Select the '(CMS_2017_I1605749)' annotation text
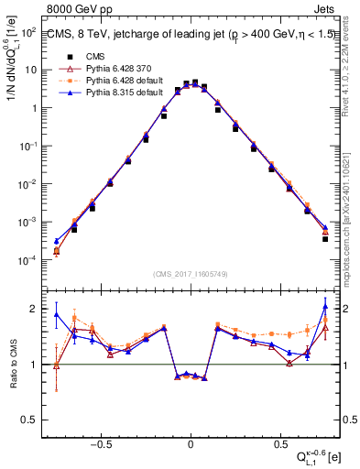tap(190, 274)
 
